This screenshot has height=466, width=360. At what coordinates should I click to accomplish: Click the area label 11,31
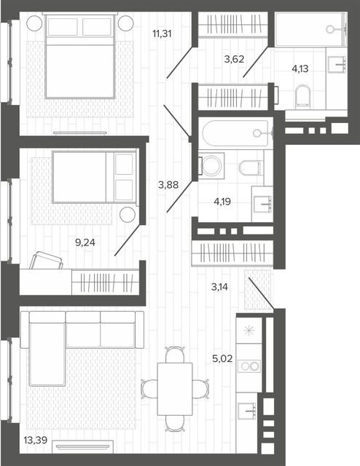[163, 34]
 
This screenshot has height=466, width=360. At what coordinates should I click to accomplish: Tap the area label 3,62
[234, 59]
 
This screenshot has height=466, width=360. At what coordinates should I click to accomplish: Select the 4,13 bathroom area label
[300, 69]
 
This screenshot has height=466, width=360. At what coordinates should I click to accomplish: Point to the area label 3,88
[168, 185]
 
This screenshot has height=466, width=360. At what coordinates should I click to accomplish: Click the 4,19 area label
[222, 202]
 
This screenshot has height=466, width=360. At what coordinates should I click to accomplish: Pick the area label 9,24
[85, 242]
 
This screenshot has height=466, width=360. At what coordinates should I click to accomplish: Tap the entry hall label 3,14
[219, 287]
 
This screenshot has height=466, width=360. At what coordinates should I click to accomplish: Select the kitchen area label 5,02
[222, 359]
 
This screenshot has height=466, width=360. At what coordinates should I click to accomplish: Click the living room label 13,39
[36, 440]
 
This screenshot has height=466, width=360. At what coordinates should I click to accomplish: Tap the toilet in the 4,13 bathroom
[303, 97]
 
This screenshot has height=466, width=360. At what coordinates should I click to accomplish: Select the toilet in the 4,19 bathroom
[251, 168]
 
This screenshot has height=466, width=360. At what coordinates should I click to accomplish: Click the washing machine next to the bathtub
[211, 166]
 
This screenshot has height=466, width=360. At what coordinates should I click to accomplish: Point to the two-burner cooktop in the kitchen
[249, 366]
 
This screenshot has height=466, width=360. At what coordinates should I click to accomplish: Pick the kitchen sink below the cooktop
[246, 411]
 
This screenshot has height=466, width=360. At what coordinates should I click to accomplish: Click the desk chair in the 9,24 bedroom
[46, 261]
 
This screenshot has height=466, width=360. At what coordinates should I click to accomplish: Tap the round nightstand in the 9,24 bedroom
[128, 214]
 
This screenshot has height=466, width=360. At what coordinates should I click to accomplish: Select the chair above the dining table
[175, 355]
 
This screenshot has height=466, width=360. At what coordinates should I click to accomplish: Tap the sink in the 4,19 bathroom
[262, 204]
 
